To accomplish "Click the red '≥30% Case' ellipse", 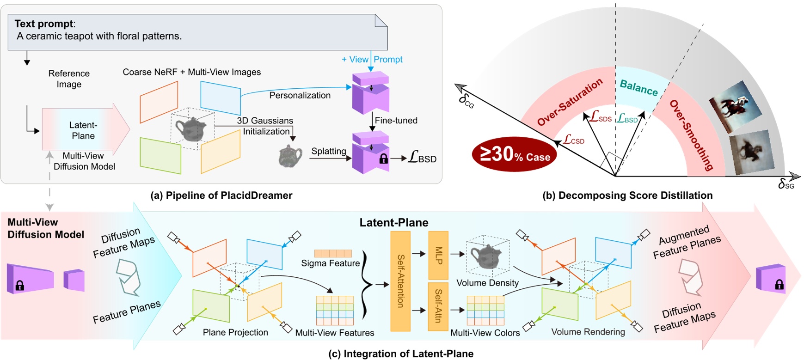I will (x=514, y=154).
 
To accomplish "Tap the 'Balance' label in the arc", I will (x=638, y=87).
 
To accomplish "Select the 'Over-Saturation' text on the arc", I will (x=570, y=102).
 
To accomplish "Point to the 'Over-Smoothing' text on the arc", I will (x=691, y=135).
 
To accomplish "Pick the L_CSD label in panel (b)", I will (x=574, y=140).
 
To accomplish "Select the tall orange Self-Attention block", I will (x=400, y=281).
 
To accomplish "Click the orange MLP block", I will (x=438, y=255).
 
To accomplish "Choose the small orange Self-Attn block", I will (x=438, y=306).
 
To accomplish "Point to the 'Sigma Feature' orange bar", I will (x=333, y=253).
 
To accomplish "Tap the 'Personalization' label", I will (x=300, y=95).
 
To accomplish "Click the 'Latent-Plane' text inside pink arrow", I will (x=83, y=130).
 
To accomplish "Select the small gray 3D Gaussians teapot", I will (x=290, y=156).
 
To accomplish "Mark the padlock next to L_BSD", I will (x=383, y=159).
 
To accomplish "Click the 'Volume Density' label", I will (x=487, y=283).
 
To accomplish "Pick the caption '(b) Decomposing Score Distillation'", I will (x=627, y=195).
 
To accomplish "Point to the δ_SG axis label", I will (x=786, y=185).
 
